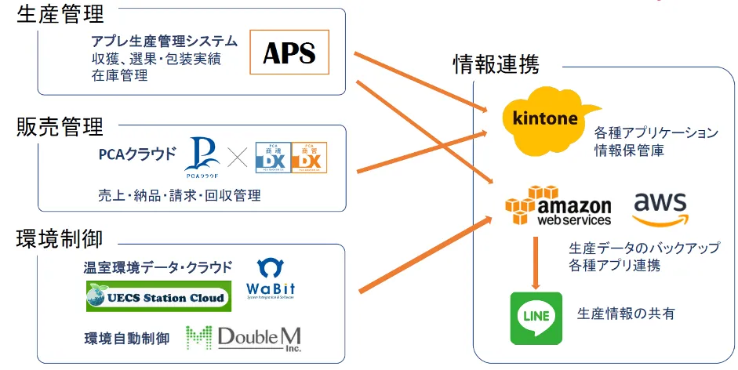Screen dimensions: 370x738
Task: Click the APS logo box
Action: pos(289,53)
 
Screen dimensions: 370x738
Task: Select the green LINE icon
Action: pos(536,317)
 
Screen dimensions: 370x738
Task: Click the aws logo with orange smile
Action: pos(660,208)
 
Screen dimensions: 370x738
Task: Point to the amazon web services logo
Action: pos(559,207)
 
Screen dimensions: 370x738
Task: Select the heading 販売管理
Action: pos(60,126)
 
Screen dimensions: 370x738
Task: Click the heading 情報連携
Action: pos(496,65)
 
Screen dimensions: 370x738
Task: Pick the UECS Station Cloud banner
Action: pos(158,297)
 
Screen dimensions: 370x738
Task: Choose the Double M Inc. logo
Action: pos(244,338)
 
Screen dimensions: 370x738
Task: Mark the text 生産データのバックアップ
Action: pos(644,248)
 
